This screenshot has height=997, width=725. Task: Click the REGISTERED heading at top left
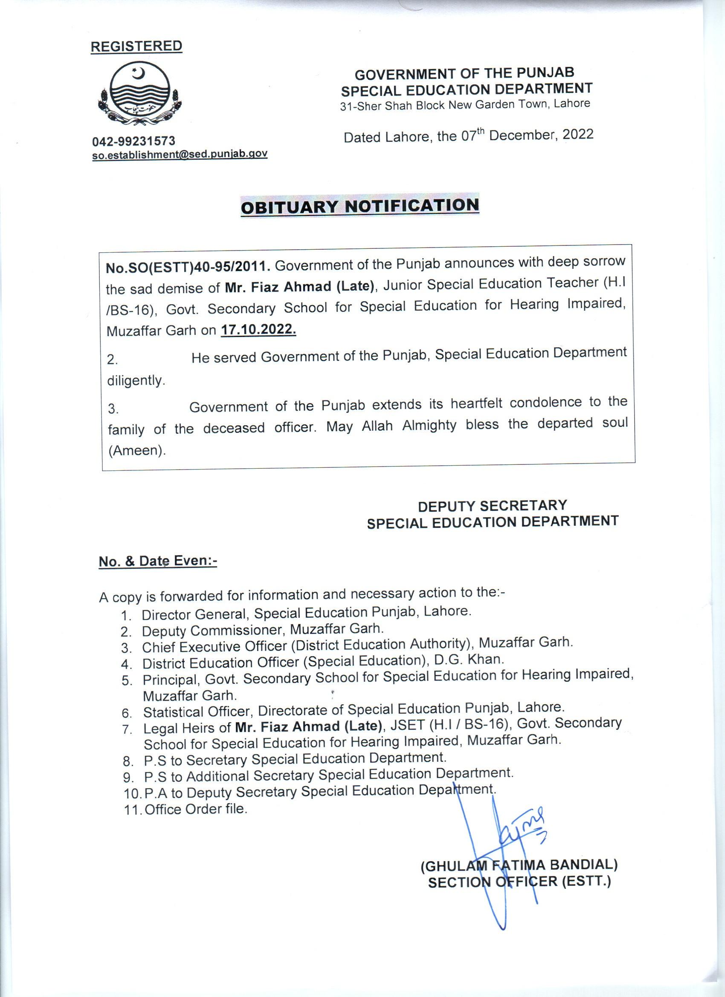[x=136, y=46]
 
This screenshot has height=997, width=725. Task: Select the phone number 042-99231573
[x=133, y=141]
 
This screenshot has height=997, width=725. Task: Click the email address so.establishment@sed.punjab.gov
[x=180, y=154]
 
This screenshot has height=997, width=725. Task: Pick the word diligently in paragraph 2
[x=136, y=380]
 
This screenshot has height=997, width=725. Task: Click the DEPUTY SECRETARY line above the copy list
[x=492, y=506]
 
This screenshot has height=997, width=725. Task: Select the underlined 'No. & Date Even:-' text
[x=158, y=562]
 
